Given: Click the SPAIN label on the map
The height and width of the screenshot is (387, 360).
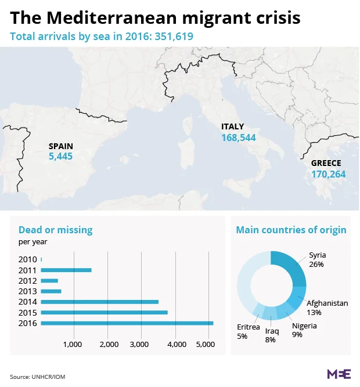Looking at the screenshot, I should pyautogui.click(x=61, y=146).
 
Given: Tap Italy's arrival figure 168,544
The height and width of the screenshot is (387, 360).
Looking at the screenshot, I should pyautogui.click(x=238, y=138).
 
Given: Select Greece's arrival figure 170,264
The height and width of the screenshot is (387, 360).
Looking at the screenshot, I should pyautogui.click(x=328, y=173).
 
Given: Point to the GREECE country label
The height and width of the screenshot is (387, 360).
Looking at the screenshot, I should pyautogui.click(x=326, y=163).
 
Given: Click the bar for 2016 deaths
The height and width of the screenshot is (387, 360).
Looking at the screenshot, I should pyautogui.click(x=127, y=323).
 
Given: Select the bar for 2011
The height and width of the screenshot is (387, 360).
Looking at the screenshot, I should pyautogui.click(x=66, y=270).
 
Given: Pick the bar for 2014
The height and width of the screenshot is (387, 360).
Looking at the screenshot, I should pyautogui.click(x=99, y=302).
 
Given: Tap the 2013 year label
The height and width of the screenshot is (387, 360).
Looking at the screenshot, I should pyautogui.click(x=27, y=291).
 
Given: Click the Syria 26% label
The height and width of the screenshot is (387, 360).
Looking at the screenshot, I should pyautogui.click(x=317, y=259).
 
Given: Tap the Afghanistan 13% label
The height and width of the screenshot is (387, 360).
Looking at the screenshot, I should pyautogui.click(x=327, y=308).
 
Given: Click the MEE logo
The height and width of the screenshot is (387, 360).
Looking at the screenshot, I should pyautogui.click(x=339, y=374).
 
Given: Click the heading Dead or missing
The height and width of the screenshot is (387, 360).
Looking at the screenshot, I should pyautogui.click(x=55, y=230).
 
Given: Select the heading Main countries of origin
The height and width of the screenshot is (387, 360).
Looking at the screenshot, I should pyautogui.click(x=291, y=230).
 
